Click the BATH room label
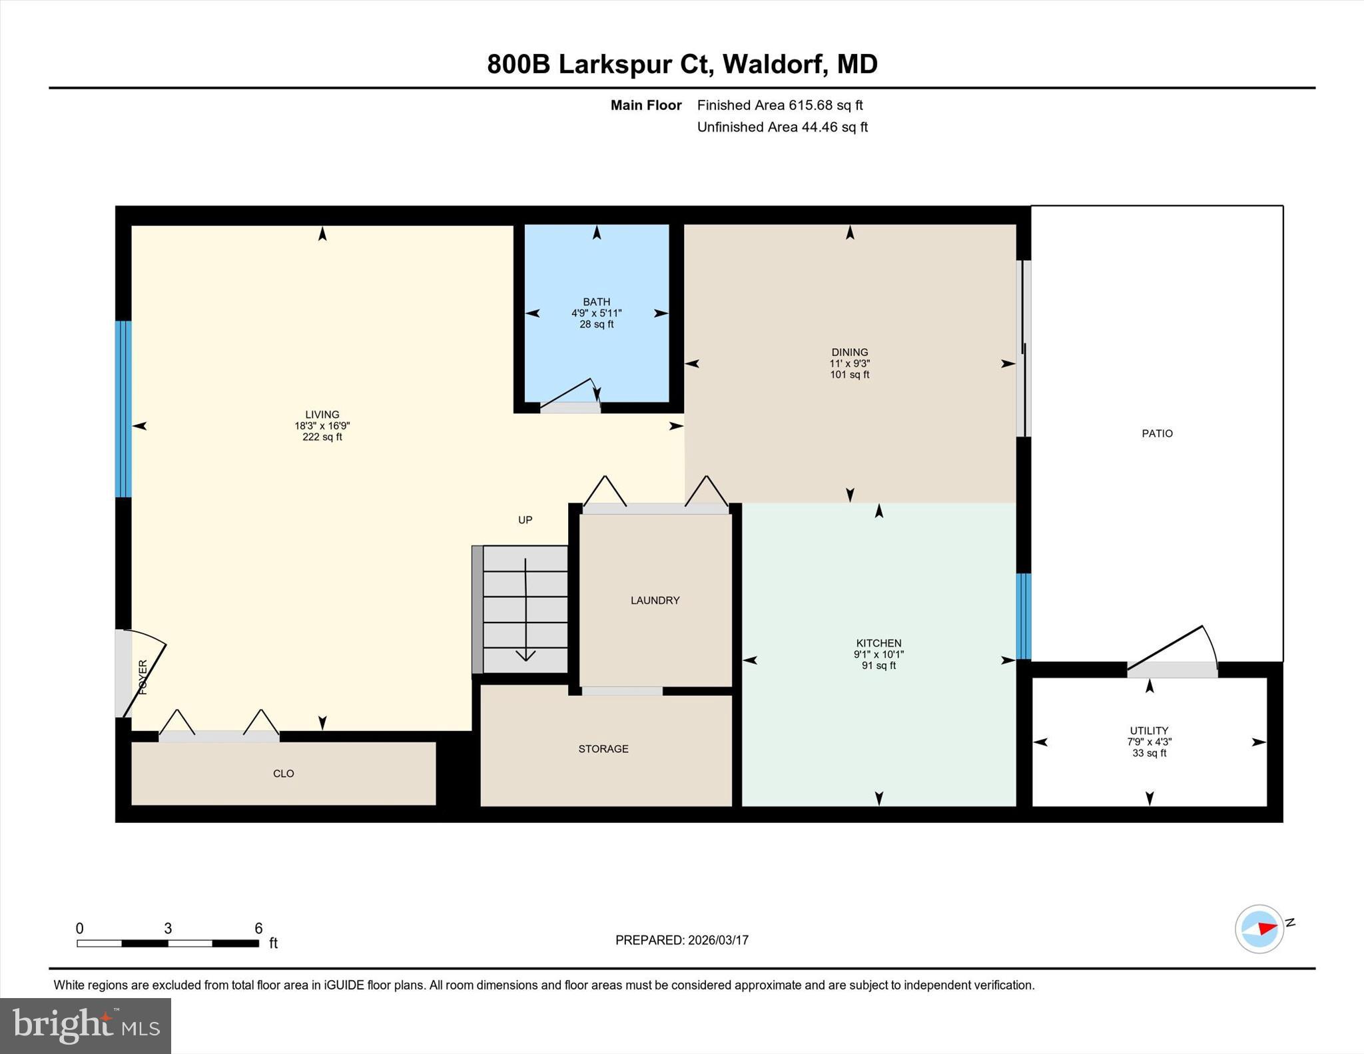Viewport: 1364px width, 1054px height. point(596,302)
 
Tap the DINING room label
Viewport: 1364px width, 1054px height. point(849,352)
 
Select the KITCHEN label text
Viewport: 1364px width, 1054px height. point(878,643)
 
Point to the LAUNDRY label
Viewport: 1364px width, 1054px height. point(655,601)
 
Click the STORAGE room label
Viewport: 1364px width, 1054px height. point(603,749)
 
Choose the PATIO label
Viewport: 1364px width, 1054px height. point(1157,433)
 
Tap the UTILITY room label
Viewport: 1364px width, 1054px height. point(1149,730)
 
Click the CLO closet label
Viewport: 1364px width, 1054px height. point(283,774)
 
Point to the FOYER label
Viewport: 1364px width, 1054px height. point(143,677)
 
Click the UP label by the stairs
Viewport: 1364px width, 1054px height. point(525,520)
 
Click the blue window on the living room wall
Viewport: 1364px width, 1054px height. point(123,409)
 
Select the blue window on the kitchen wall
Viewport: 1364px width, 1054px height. point(1024,616)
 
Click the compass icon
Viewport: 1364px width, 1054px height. point(1259,929)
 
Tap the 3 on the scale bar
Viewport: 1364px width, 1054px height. point(168,928)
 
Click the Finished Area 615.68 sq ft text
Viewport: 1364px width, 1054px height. point(779,105)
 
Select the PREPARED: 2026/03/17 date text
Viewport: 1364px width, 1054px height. point(681,940)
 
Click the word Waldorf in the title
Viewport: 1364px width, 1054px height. point(775,65)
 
